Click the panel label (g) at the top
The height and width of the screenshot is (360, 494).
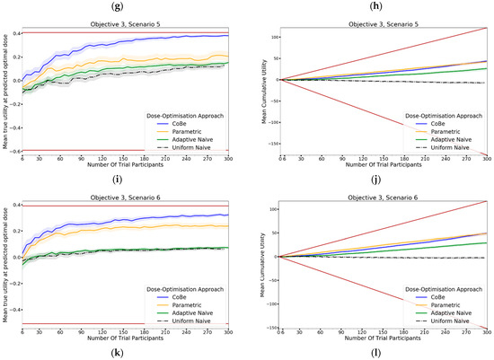click(122, 6)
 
